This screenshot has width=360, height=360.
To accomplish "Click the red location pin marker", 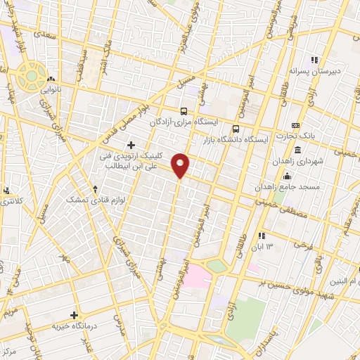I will [x=181, y=165].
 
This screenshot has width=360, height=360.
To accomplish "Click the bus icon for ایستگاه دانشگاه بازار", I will [x=236, y=129].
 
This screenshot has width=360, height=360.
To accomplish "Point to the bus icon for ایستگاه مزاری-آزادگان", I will [x=184, y=111].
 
